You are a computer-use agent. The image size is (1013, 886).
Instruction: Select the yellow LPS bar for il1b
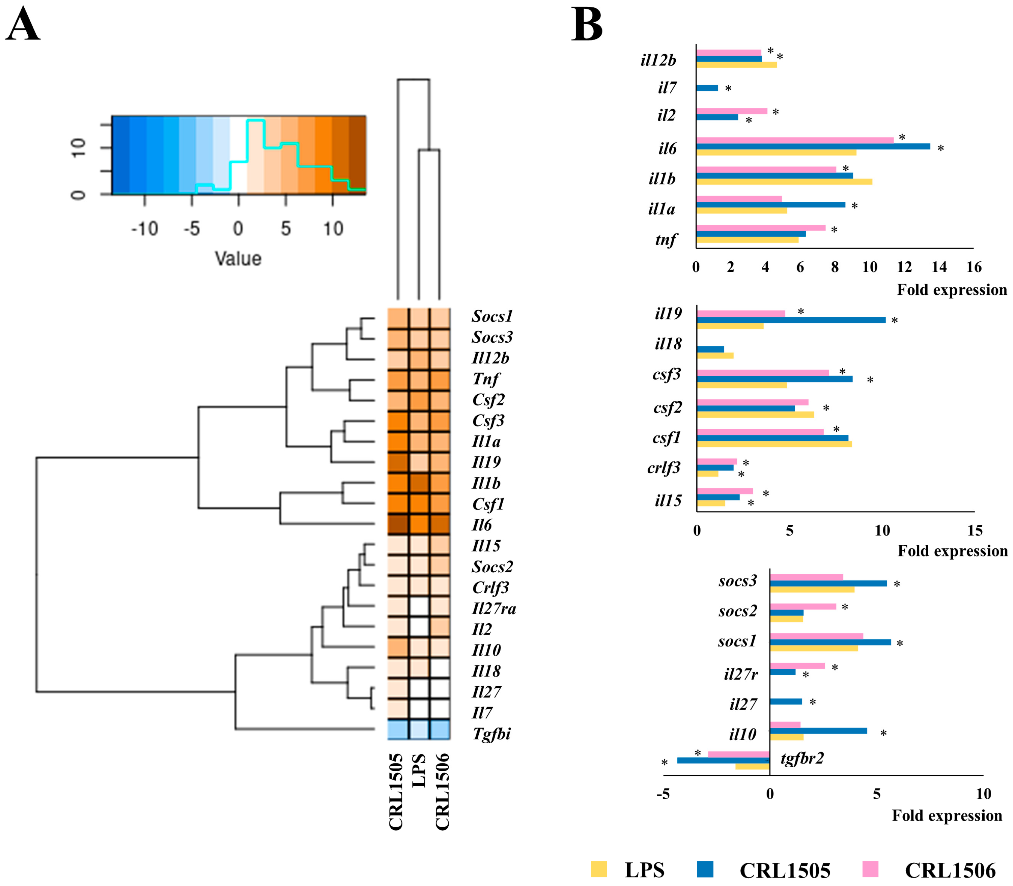click(784, 182)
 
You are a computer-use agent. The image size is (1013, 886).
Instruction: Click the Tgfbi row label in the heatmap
click(491, 734)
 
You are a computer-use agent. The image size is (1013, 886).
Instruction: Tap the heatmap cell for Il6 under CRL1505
click(397, 524)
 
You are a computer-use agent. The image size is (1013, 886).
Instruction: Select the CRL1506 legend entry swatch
click(870, 869)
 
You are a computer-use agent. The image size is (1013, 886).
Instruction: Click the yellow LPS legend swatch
click(599, 869)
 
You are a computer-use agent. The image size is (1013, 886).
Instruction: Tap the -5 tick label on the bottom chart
click(663, 794)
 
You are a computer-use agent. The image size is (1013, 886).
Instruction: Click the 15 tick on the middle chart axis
click(975, 531)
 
